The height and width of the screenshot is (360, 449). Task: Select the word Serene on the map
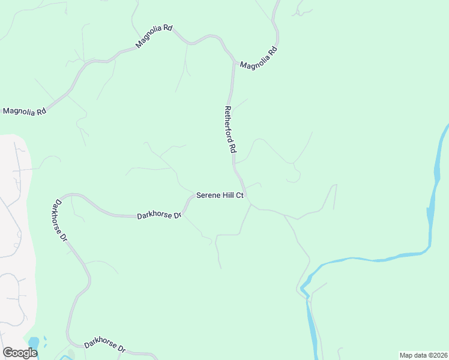208,196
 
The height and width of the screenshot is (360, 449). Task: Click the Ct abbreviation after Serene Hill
240,196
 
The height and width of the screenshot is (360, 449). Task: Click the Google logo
20,353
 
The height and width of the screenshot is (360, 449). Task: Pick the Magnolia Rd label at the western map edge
25,111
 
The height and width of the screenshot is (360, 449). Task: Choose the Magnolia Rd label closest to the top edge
154,37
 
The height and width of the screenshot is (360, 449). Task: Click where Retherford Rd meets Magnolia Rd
233,62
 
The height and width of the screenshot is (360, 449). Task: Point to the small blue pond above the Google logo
33,343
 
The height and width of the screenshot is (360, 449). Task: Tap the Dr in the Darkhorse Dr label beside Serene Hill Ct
178,215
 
